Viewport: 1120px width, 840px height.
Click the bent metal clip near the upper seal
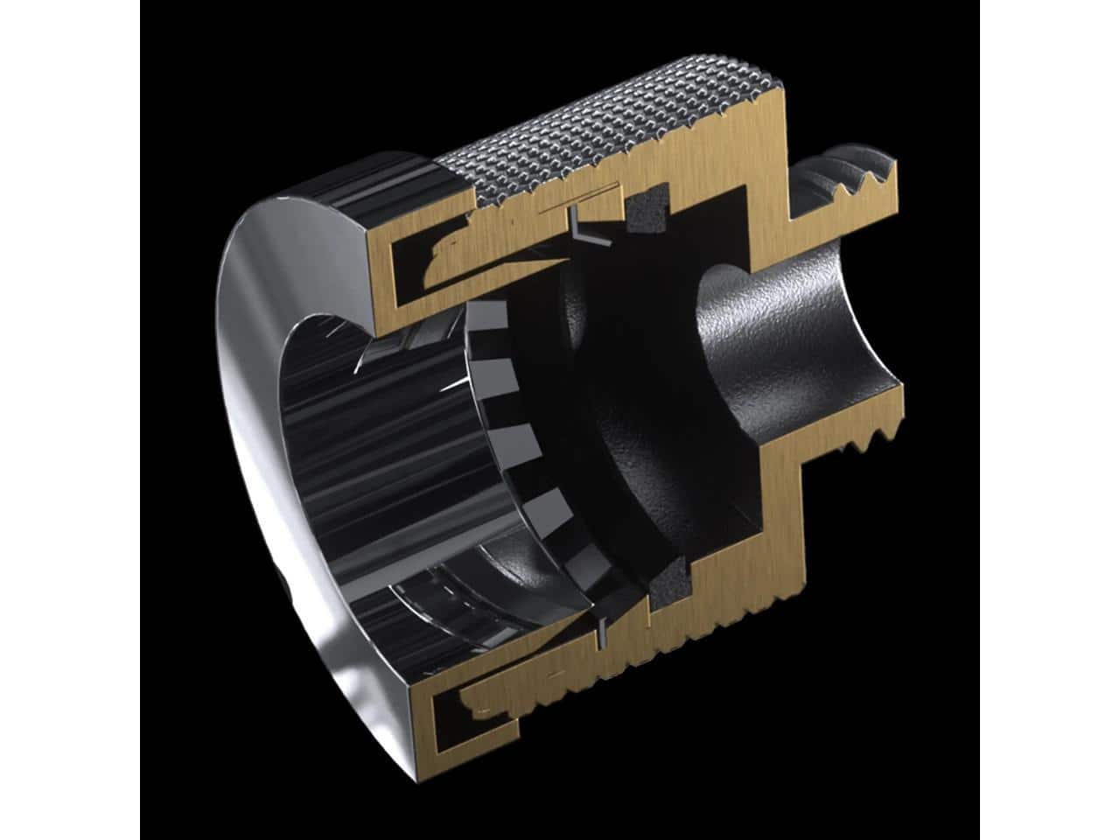click(581, 230)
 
